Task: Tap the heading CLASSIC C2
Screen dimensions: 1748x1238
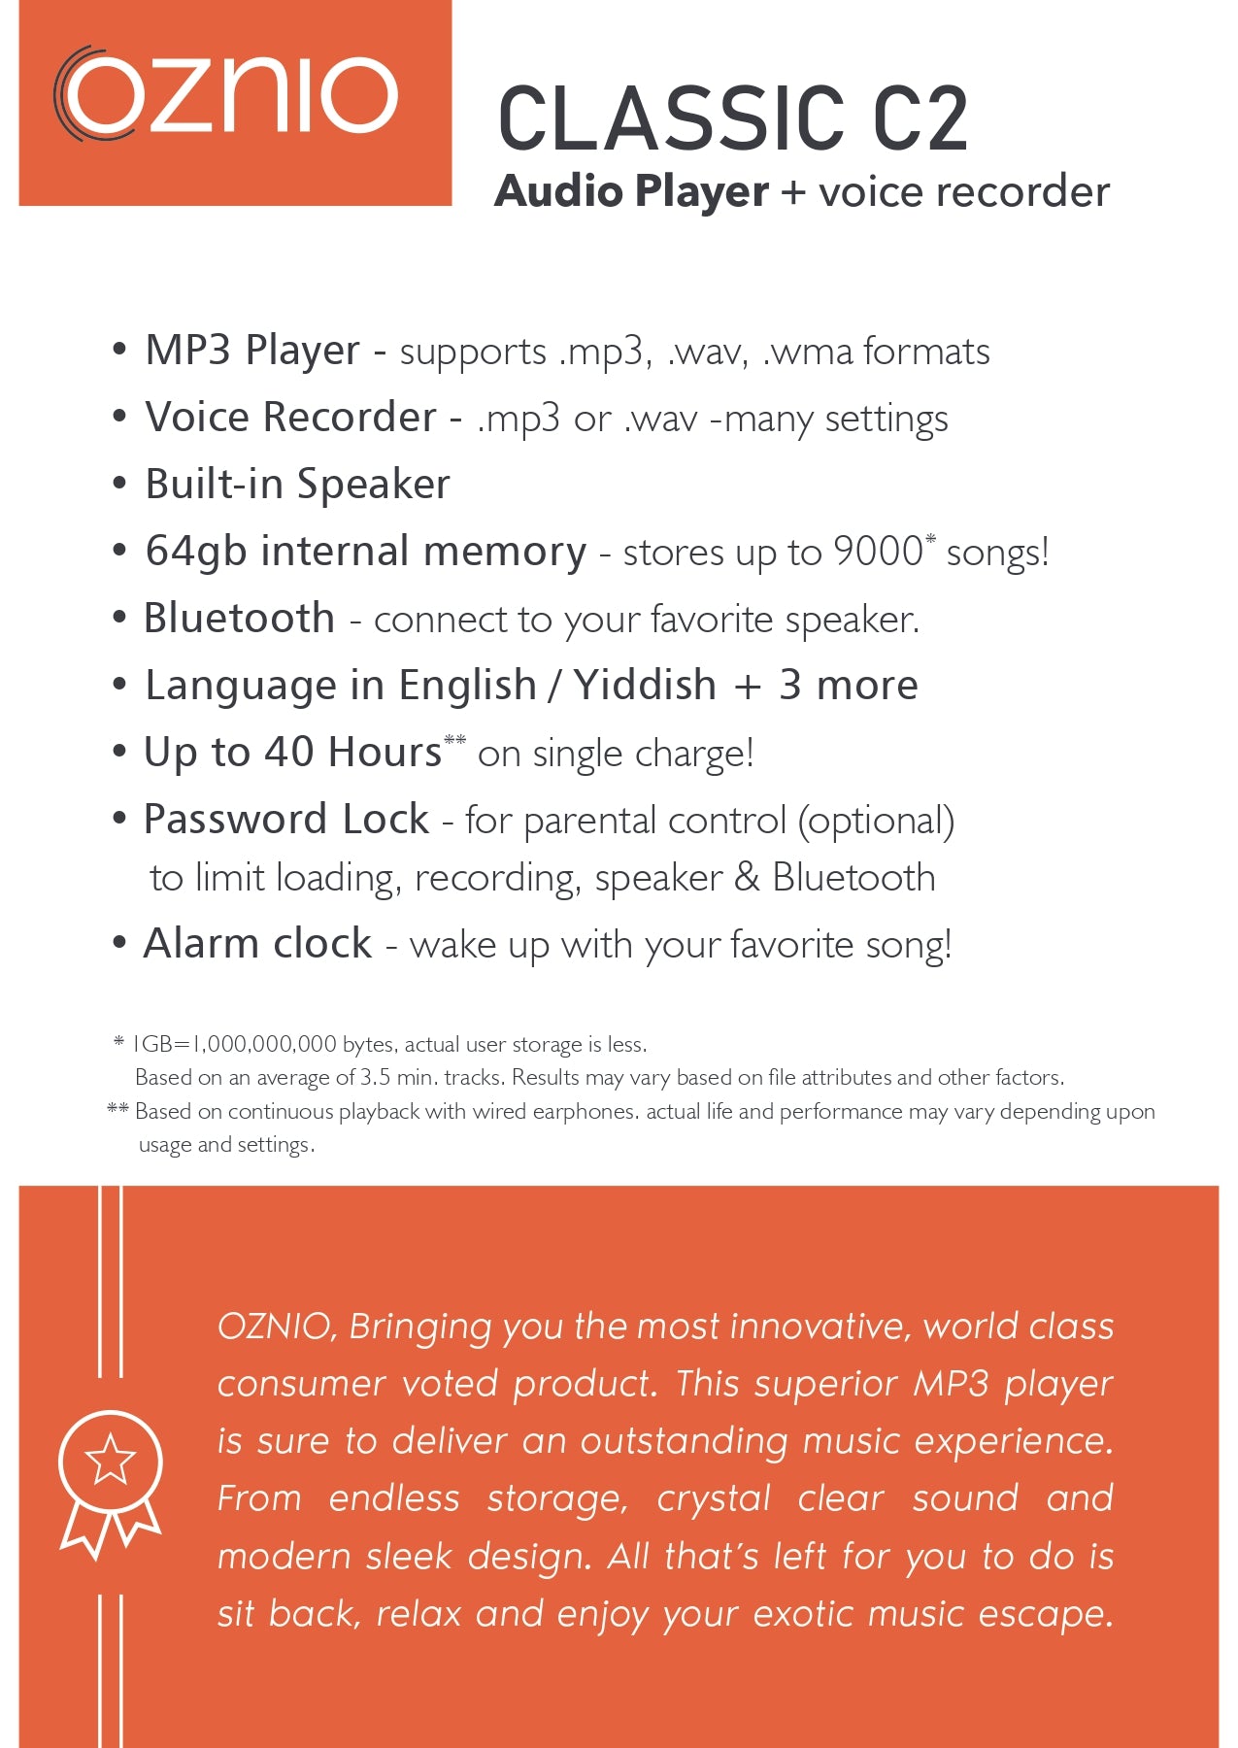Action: point(733,118)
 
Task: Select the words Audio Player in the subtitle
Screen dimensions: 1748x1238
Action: point(631,191)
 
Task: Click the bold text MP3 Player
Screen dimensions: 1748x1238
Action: point(252,351)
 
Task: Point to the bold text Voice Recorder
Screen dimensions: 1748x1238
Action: point(290,418)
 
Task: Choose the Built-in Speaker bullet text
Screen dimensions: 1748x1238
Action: point(297,485)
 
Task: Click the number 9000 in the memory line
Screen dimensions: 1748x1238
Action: point(878,552)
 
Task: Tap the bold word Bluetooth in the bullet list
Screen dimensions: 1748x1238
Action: point(239,619)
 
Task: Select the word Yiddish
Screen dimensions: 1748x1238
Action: point(645,686)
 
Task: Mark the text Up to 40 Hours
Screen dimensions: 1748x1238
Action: point(292,753)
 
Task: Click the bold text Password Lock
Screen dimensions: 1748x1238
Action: point(286,820)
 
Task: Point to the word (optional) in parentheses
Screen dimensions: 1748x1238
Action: point(876,822)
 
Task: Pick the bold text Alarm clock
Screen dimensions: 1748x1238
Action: point(257,944)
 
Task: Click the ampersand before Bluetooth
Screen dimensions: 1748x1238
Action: point(747,877)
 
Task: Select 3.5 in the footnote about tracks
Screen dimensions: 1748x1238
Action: point(376,1078)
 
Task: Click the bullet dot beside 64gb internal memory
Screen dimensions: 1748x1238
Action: point(119,551)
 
